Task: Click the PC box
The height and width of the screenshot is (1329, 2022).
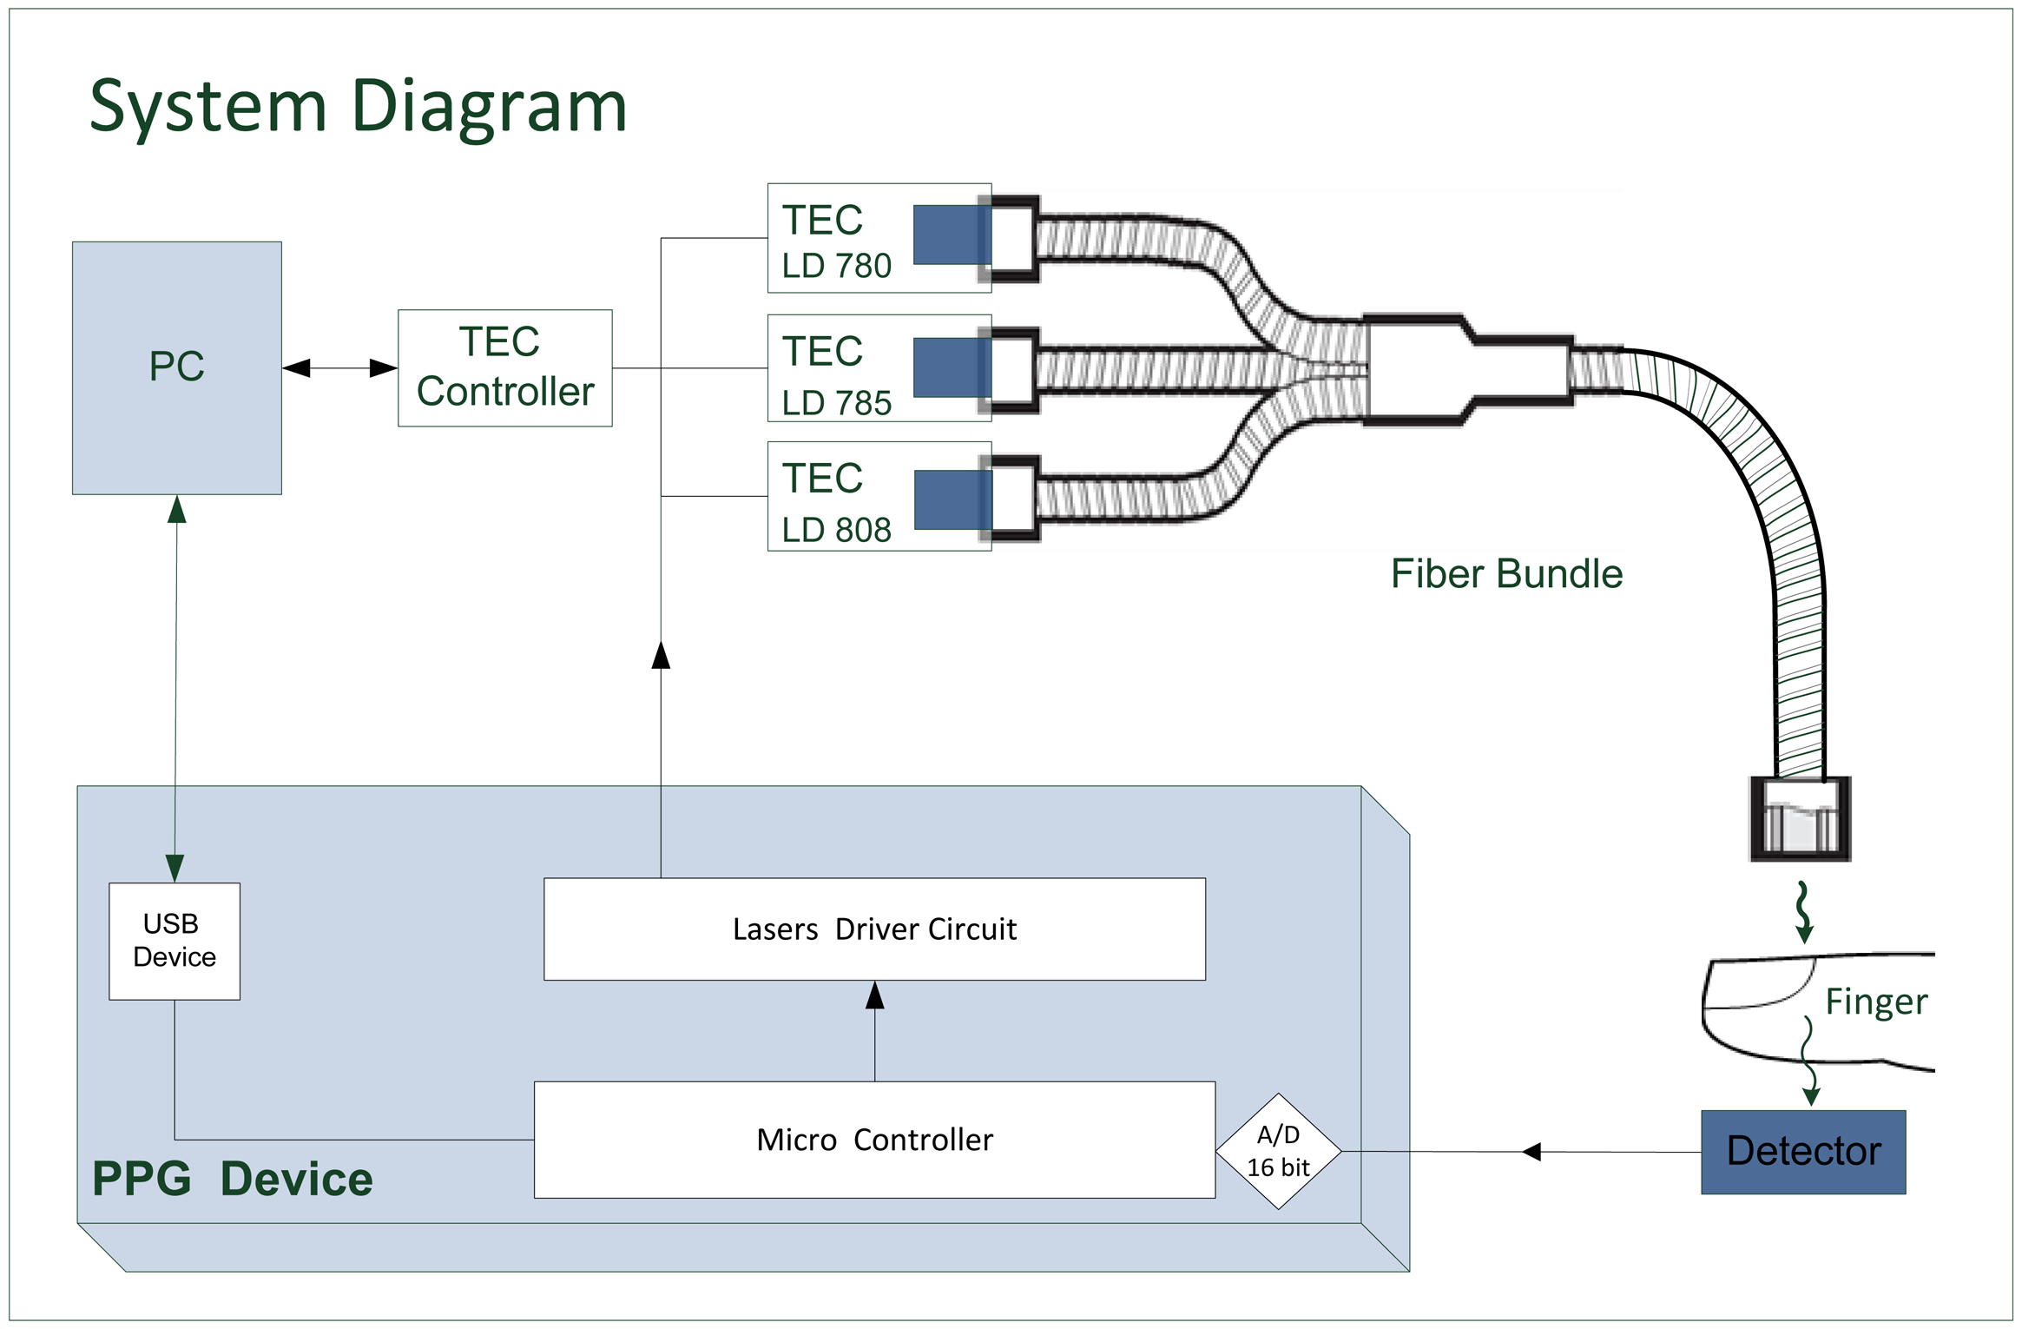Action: pyautogui.click(x=176, y=367)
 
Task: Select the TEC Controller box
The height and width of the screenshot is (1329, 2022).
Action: pyautogui.click(x=504, y=367)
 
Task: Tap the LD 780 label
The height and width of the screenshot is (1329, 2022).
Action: pyautogui.click(x=836, y=266)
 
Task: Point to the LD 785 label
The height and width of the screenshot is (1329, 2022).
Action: pyautogui.click(x=836, y=402)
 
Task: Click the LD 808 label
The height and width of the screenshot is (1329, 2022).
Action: pyautogui.click(x=836, y=530)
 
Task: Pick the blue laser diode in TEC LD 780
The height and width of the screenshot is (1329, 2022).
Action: pyautogui.click(x=952, y=235)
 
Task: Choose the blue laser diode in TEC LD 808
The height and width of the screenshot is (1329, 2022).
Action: pyautogui.click(x=952, y=499)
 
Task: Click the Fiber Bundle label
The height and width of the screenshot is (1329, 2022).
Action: pyautogui.click(x=1506, y=574)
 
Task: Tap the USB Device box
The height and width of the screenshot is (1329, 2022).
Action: pyautogui.click(x=174, y=941)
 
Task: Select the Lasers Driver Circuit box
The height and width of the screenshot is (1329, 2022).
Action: pyautogui.click(x=874, y=929)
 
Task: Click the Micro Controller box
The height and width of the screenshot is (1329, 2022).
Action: pyautogui.click(x=874, y=1139)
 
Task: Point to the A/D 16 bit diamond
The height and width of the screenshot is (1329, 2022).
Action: pyautogui.click(x=1278, y=1151)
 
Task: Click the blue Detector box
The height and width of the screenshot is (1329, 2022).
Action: pyautogui.click(x=1802, y=1151)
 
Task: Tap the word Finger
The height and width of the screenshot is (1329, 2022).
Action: pyautogui.click(x=1875, y=1002)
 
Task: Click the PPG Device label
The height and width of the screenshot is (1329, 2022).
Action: pyautogui.click(x=232, y=1179)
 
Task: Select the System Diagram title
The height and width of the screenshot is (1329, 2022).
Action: pyautogui.click(x=358, y=106)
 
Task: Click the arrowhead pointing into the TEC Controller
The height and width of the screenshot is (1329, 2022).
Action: pyautogui.click(x=383, y=368)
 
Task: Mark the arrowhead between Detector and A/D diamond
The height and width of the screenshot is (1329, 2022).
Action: pyautogui.click(x=1531, y=1152)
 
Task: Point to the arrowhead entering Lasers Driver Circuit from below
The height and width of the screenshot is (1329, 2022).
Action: pyautogui.click(x=874, y=995)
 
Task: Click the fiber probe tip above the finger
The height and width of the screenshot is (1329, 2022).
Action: pyautogui.click(x=1799, y=819)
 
